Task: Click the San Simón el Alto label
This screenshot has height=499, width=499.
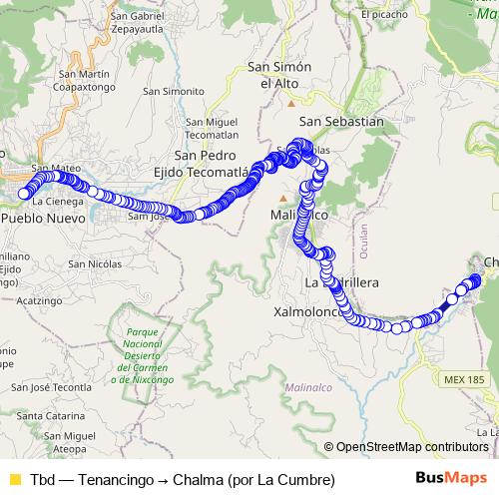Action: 280,75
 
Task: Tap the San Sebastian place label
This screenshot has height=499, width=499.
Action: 341,121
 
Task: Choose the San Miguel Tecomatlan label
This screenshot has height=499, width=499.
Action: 209,129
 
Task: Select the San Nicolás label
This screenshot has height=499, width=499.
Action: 95,263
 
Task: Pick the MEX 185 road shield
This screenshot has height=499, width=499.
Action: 462,380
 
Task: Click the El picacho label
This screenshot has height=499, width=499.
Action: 386,14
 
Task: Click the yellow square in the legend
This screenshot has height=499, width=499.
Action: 14,480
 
